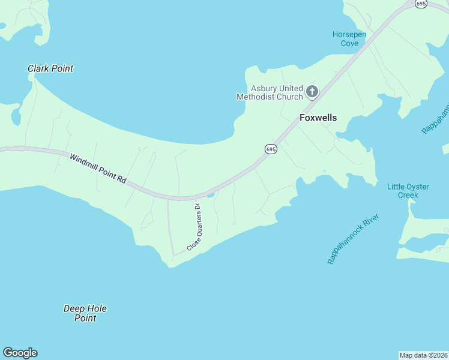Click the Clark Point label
pos(50,68)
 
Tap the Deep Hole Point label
pos(85,313)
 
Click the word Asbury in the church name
pos(264,88)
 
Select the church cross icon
pos(312,92)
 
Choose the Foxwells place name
pos(318,118)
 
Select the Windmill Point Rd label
pos(97,169)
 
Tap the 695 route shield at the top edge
pos(421,4)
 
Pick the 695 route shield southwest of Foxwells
pos(271,149)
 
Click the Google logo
pos(20,353)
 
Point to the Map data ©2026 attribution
pos(423,355)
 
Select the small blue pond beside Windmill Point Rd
pos(210,194)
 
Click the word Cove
pos(349,43)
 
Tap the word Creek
pos(408,195)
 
